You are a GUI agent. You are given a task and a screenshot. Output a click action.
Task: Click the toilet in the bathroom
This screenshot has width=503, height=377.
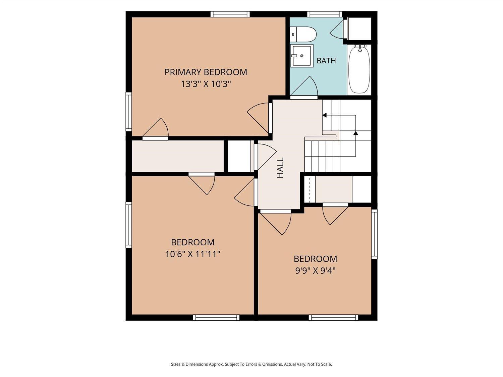coord(303,34)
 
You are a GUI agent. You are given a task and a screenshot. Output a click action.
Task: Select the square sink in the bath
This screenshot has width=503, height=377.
coord(301,56)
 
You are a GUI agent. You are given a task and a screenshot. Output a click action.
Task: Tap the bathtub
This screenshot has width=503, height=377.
coord(359,69)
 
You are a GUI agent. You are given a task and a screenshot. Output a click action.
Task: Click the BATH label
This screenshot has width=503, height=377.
coord(326,61)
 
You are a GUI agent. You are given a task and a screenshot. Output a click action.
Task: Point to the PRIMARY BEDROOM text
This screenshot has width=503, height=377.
coord(206,72)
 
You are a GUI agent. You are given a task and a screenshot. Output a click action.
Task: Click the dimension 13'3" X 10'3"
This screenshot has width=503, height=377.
coord(206,84)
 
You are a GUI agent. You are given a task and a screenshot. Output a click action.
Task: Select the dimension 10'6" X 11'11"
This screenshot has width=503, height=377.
coord(193,254)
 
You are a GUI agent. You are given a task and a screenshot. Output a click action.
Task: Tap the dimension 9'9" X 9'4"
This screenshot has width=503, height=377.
coord(315,271)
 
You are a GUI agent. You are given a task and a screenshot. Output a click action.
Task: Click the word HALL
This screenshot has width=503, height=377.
coord(280,168)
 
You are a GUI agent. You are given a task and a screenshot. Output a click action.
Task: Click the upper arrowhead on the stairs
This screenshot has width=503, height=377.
coord(324,115)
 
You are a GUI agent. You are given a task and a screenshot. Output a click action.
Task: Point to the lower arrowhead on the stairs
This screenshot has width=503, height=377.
coord(355,133)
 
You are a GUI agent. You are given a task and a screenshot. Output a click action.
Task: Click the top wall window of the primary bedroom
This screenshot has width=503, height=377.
coord(230,14)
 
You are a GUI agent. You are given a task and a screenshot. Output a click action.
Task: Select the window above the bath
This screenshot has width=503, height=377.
coord(325,14)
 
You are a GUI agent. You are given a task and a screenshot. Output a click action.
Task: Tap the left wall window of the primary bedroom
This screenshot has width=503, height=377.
coord(129,112)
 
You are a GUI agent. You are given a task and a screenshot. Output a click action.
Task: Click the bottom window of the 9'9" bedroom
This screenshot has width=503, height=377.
coord(333,317)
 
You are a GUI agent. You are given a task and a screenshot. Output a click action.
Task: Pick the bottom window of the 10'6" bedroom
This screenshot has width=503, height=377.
coord(216,317)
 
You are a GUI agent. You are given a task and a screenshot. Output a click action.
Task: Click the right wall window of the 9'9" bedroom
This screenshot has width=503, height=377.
coord(374,234)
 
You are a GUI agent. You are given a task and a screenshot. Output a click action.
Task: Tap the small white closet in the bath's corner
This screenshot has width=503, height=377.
coord(359,29)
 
